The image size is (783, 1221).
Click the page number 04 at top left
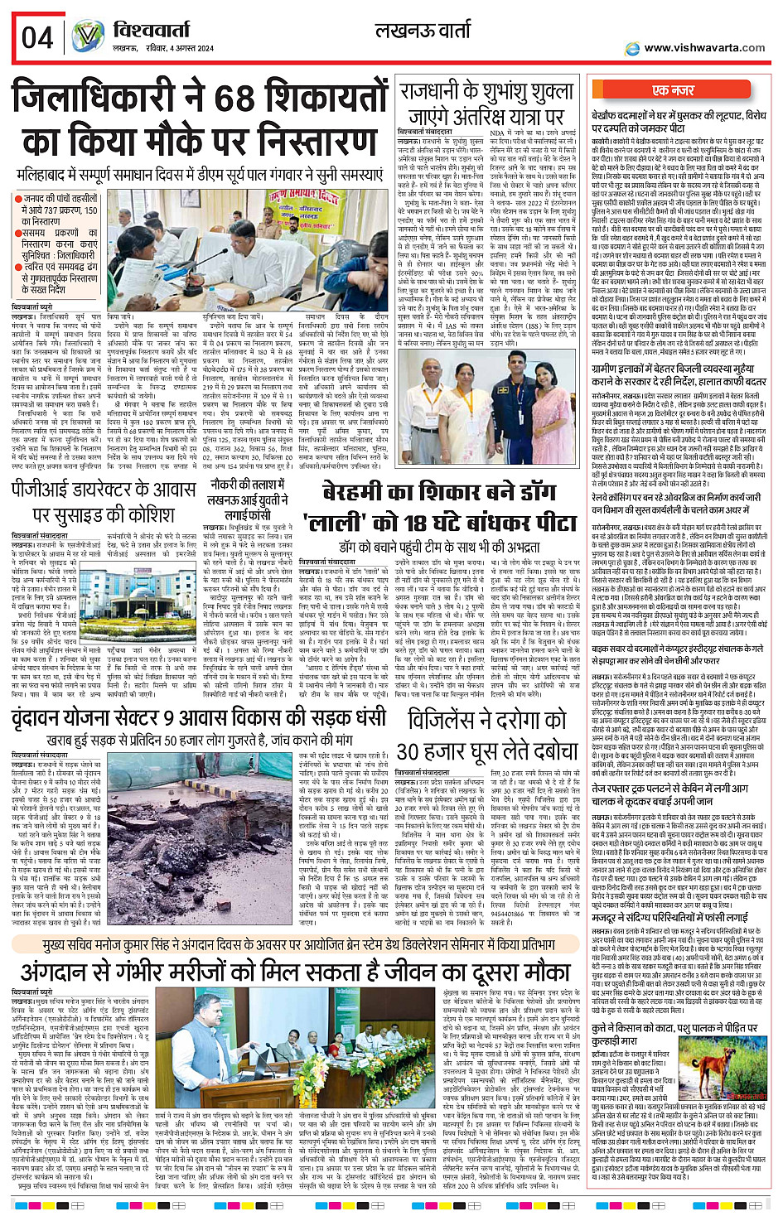pos(37,36)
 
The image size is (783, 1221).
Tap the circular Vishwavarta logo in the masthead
pos(88,37)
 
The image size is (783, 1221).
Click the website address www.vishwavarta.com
pos(704,48)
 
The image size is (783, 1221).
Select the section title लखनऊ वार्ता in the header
pos(423,31)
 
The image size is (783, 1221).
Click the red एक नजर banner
pos(673,90)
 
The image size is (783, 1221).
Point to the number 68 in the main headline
pos(237,99)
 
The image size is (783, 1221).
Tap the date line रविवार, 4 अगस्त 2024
pos(174,49)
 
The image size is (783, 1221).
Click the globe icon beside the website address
pos(633,48)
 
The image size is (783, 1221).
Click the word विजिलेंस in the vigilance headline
pos(456,717)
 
